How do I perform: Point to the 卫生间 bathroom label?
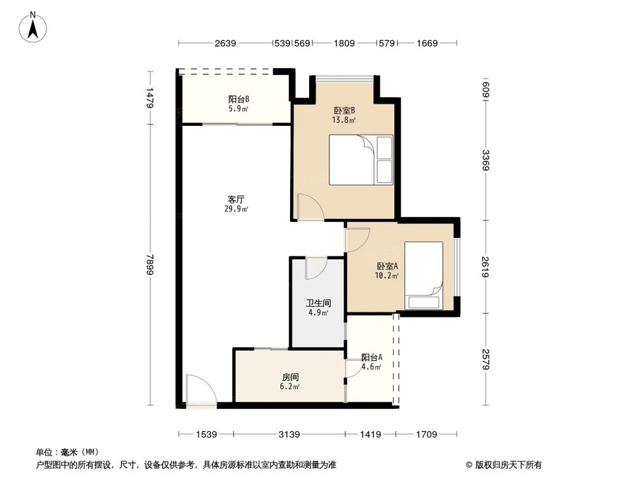click(x=317, y=303)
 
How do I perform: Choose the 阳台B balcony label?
click(x=238, y=99)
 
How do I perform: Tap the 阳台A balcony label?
click(x=371, y=357)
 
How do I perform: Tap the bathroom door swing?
click(x=315, y=269)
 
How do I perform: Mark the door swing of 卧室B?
click(x=310, y=207)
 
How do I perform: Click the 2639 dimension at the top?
click(x=225, y=44)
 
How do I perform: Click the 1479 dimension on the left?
click(x=149, y=99)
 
